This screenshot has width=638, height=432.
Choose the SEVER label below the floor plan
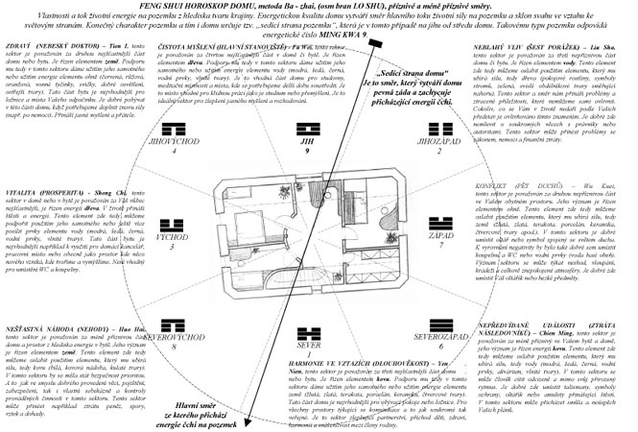tap(306, 344)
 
